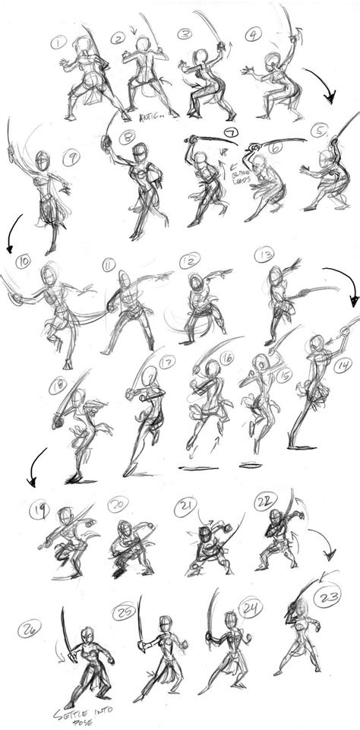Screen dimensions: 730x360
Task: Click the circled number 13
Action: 264,254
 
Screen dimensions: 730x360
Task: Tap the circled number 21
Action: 185,505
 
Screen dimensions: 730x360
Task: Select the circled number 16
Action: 226,358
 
